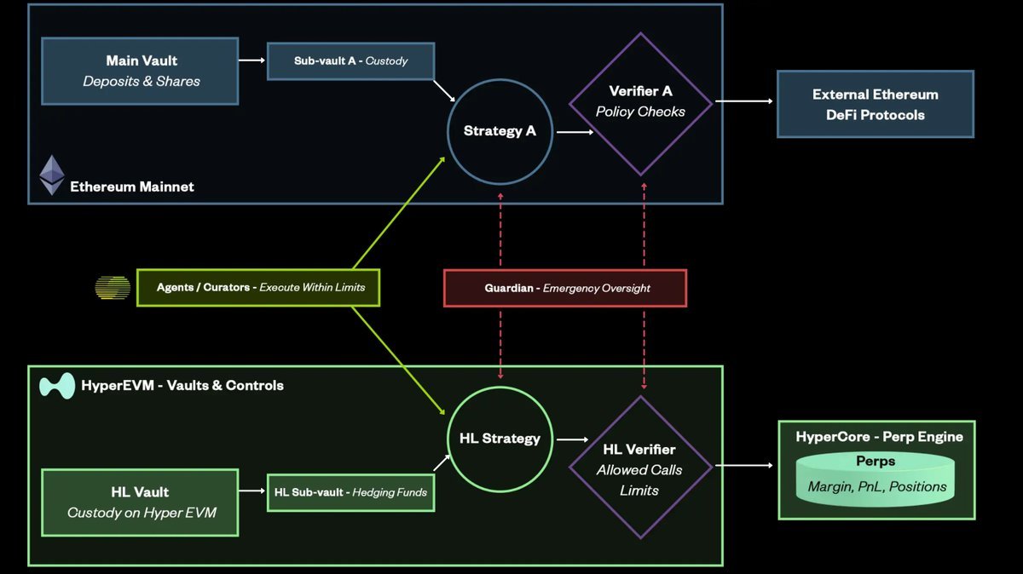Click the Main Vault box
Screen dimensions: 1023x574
click(x=140, y=72)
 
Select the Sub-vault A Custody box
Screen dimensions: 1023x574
click(x=350, y=61)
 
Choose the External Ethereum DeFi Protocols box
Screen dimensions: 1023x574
click(x=876, y=104)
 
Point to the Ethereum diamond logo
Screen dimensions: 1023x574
click(x=52, y=175)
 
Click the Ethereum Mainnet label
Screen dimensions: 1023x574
click(x=132, y=187)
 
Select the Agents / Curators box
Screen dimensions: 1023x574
click(x=258, y=288)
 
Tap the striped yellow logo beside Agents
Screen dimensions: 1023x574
click(x=113, y=288)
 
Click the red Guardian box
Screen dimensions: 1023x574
click(x=565, y=288)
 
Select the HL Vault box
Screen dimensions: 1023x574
click(x=140, y=502)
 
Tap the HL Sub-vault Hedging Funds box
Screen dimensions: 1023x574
click(x=350, y=493)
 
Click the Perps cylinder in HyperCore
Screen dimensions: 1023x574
click(x=876, y=479)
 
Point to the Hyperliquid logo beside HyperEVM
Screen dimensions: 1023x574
click(x=57, y=386)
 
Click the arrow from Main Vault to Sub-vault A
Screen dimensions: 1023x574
click(x=252, y=60)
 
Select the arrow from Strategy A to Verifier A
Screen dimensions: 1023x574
click(x=575, y=132)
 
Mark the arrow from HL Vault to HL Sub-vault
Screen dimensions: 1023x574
click(x=252, y=491)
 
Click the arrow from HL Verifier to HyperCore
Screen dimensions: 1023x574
click(x=744, y=465)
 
